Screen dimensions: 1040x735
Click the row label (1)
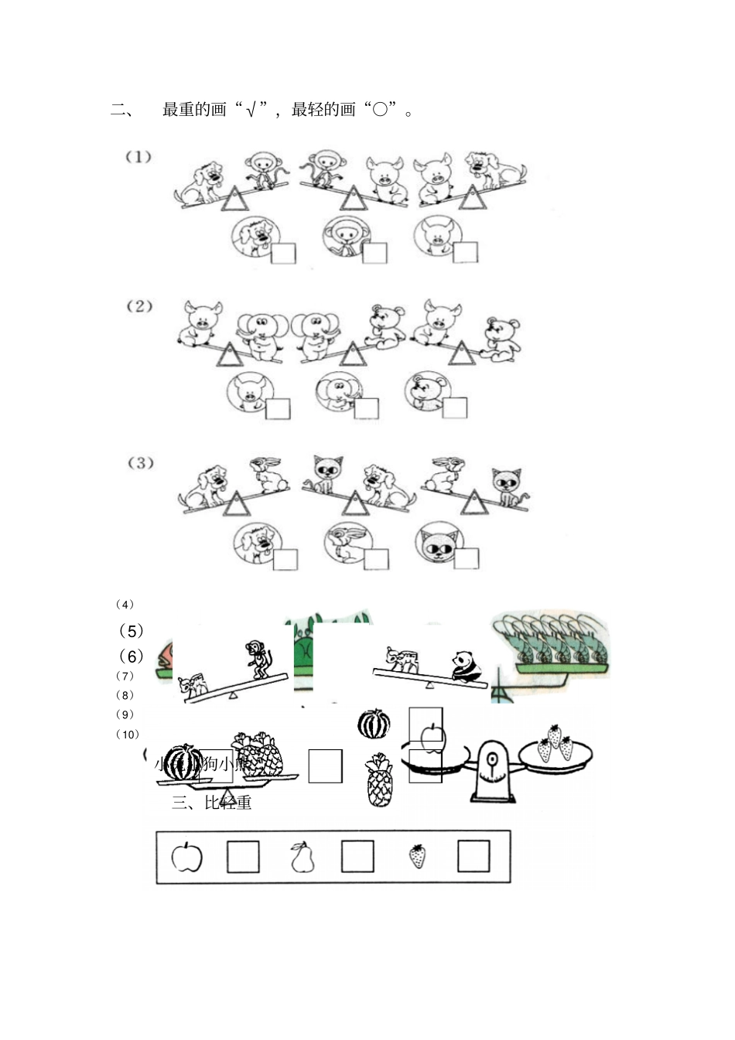coord(138,157)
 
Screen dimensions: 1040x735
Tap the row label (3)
coord(140,463)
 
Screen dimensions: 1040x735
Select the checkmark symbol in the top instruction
coord(251,110)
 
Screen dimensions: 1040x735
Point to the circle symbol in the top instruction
coord(380,110)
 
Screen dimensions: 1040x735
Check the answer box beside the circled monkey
coord(375,253)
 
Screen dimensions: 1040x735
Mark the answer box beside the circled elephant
coord(367,408)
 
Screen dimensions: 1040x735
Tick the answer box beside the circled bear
coord(455,407)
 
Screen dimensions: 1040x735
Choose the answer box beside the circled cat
coord(467,558)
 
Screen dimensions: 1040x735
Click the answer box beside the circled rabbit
coord(377,559)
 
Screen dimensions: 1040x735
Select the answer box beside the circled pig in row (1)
coord(465,252)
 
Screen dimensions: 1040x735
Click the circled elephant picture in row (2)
coord(337,392)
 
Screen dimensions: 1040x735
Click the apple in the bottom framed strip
coord(186,857)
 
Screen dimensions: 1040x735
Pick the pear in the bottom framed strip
coord(302,857)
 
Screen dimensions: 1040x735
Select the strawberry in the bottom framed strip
coord(417,855)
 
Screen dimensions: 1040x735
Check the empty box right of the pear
coord(357,857)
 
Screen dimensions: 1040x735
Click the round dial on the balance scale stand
coord(491,760)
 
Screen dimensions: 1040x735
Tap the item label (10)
coord(128,734)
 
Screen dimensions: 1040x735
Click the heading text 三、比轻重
coord(212,803)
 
